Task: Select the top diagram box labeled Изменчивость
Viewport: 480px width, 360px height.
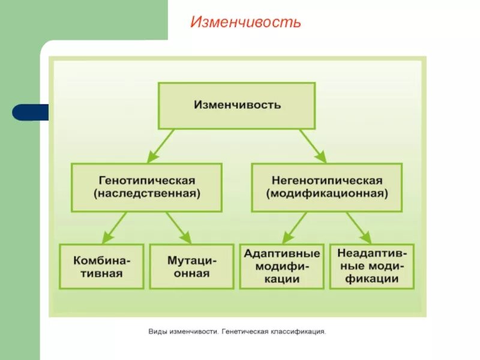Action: tap(236, 105)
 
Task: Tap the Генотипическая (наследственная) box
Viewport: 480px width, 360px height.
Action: tap(146, 187)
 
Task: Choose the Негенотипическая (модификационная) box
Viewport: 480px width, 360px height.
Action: tap(326, 187)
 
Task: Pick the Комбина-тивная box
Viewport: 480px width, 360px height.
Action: tap(101, 266)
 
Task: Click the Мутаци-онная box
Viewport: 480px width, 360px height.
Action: tap(191, 266)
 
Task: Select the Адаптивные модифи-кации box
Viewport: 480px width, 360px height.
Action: tap(281, 266)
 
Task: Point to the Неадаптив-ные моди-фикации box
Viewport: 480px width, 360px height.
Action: tap(371, 266)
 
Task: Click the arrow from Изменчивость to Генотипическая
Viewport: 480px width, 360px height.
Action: tap(161, 145)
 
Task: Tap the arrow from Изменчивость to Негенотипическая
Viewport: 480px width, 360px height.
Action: tap(313, 145)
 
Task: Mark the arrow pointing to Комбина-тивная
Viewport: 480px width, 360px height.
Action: tap(115, 227)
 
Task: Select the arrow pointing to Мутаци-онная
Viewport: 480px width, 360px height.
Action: tap(178, 227)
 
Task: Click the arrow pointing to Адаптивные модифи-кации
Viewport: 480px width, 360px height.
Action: tap(295, 227)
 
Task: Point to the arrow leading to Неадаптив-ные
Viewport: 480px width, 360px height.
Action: tap(358, 227)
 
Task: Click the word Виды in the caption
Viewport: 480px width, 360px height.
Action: tap(158, 331)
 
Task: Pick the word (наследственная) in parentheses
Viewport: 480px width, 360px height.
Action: tap(146, 194)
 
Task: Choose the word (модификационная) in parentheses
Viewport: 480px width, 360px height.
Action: tap(327, 194)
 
